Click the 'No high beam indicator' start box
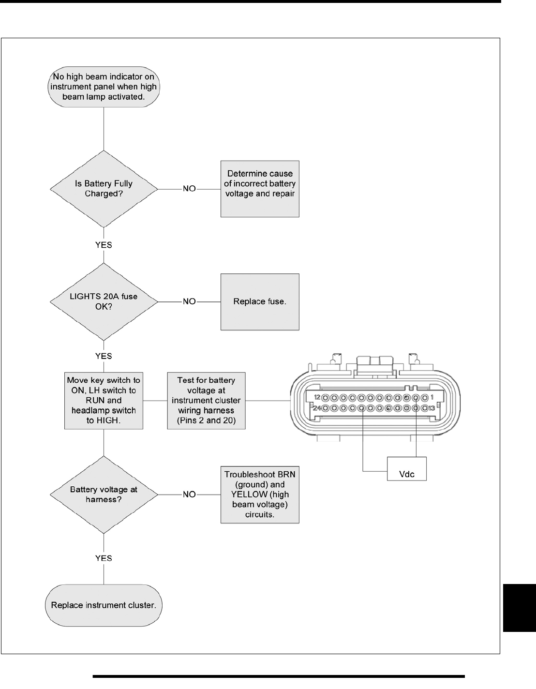coord(104,87)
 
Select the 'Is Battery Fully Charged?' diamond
coord(104,189)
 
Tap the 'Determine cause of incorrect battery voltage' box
coord(260,189)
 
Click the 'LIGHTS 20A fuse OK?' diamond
coord(104,301)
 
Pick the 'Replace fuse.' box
coord(260,301)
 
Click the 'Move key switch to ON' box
coord(104,400)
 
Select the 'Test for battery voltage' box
coord(206,400)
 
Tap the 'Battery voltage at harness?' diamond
coord(104,494)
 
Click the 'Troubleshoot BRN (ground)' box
coord(260,494)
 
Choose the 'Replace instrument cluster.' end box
coord(104,605)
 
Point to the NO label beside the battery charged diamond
coord(189,189)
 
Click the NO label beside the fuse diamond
coord(189,301)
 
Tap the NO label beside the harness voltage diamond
coord(189,494)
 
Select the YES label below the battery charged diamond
coord(104,245)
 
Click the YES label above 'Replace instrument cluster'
coord(104,558)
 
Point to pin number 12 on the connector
coord(317,398)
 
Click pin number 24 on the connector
coord(317,408)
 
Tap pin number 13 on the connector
coord(432,408)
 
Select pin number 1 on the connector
coord(432,398)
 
